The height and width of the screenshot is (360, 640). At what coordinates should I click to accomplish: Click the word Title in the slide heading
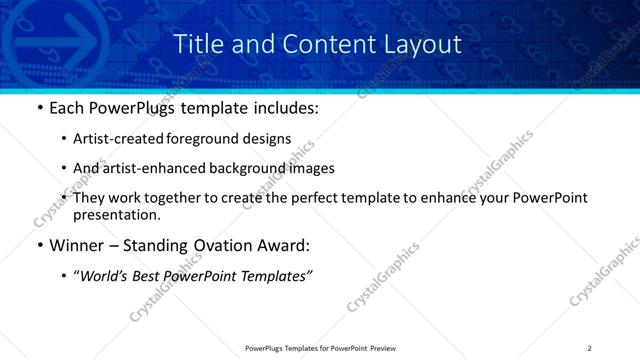click(196, 44)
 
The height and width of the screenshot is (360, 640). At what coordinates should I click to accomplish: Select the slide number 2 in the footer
click(589, 348)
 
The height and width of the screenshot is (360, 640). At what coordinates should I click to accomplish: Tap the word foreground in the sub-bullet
click(209, 140)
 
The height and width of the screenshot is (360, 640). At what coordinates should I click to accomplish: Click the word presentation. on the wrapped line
click(116, 214)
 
